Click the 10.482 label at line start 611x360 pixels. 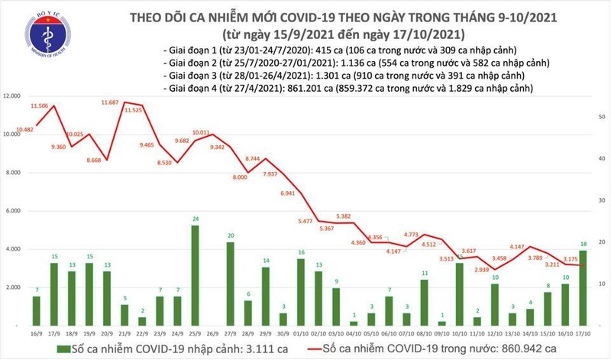point(20,129)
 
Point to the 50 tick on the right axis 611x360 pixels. point(603,116)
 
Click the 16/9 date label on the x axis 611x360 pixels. point(36,336)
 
